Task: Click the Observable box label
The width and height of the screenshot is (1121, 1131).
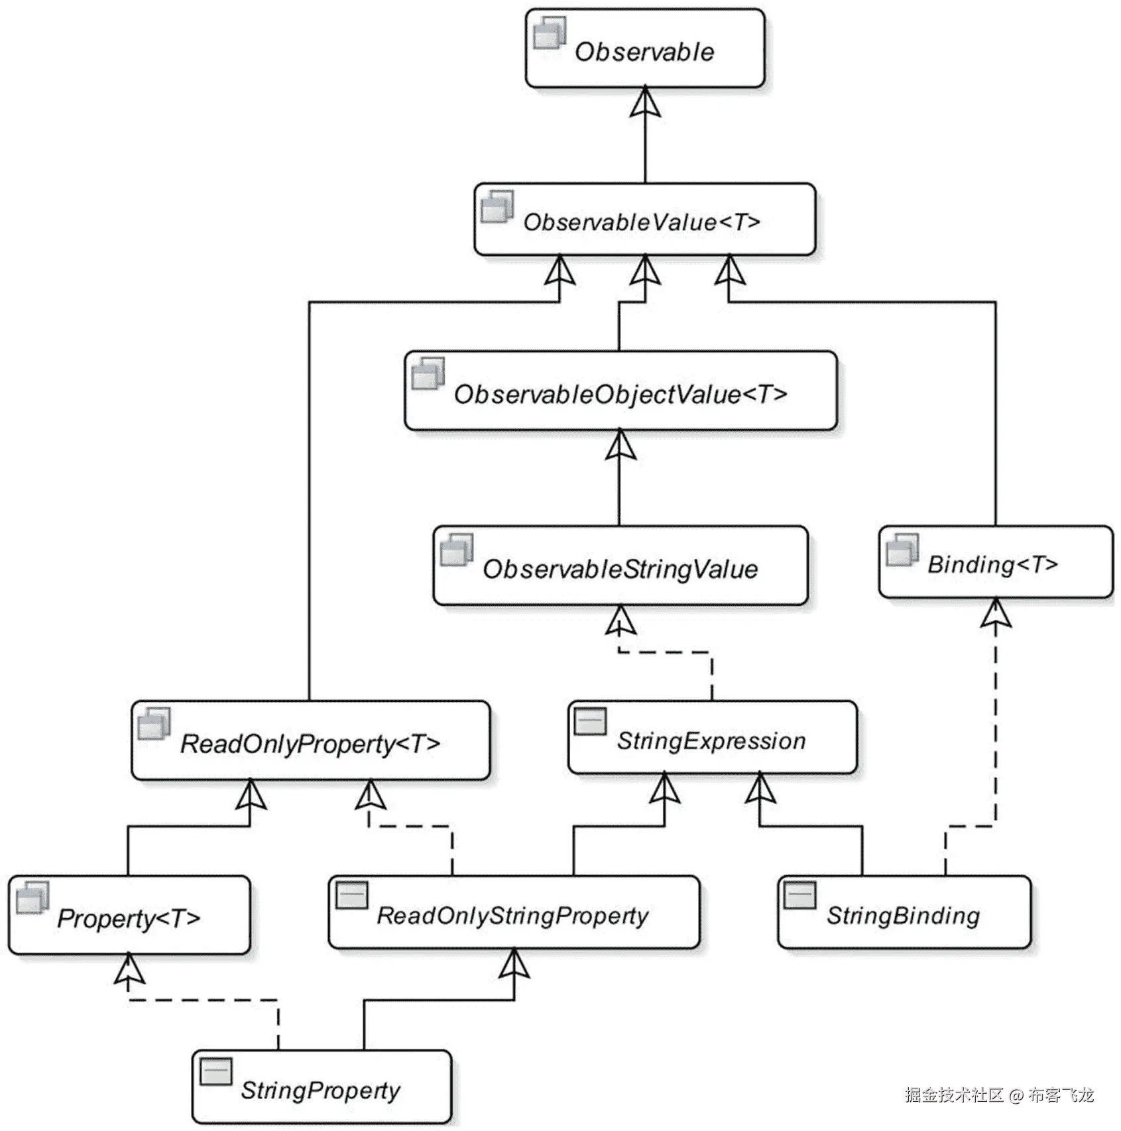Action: point(644,52)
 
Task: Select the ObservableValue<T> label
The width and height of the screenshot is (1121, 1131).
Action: point(641,221)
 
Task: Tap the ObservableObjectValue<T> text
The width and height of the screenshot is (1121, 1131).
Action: point(620,394)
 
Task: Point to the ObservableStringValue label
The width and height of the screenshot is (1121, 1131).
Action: point(620,569)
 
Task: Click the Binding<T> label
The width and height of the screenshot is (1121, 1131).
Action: point(992,564)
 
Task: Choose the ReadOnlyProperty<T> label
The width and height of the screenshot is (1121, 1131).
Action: point(310,743)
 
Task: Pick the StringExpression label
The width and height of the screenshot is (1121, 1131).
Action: point(711,741)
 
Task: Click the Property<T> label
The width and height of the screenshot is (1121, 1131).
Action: point(129,918)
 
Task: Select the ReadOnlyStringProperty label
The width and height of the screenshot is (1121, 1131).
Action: point(512,916)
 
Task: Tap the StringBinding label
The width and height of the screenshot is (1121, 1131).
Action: point(903,916)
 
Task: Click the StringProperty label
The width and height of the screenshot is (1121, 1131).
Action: point(320,1091)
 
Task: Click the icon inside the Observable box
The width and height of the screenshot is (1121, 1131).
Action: point(550,32)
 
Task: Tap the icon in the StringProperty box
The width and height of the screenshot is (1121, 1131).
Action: point(216,1071)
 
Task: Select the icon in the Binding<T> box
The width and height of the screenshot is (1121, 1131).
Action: point(902,550)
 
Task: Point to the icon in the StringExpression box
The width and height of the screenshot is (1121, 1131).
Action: point(590,721)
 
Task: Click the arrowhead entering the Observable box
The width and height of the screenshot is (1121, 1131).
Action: point(645,103)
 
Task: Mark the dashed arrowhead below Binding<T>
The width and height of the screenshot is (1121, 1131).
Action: point(996,613)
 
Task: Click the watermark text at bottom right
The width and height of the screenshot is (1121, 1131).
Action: point(999,1095)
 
